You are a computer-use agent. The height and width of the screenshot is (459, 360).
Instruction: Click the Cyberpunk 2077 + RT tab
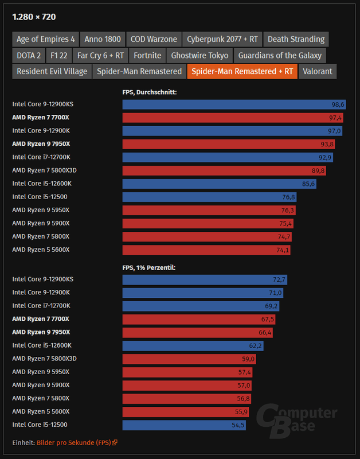tap(222, 39)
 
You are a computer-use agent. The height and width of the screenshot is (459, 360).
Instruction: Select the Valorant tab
tap(317, 71)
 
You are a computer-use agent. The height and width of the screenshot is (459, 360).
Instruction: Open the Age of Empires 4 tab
tap(46, 39)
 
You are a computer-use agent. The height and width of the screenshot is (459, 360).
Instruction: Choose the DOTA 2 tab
tap(29, 55)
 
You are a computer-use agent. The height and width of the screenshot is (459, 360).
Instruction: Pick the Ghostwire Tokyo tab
tap(200, 55)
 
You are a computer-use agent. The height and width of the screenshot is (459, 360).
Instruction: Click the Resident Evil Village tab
tap(52, 71)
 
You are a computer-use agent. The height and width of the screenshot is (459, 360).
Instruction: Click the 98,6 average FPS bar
tap(234, 104)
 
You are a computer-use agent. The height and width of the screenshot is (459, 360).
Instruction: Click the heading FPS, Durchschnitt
tap(149, 91)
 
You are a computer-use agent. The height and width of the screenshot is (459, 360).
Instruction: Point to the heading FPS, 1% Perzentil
tap(149, 266)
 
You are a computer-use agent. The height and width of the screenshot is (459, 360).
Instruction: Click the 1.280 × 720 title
tap(34, 17)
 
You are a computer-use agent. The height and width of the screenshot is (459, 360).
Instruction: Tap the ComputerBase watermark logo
tap(296, 418)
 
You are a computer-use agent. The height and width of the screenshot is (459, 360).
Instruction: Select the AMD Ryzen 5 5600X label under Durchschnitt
tap(41, 250)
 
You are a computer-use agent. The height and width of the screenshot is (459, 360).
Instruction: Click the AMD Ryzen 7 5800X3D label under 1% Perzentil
tap(44, 359)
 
